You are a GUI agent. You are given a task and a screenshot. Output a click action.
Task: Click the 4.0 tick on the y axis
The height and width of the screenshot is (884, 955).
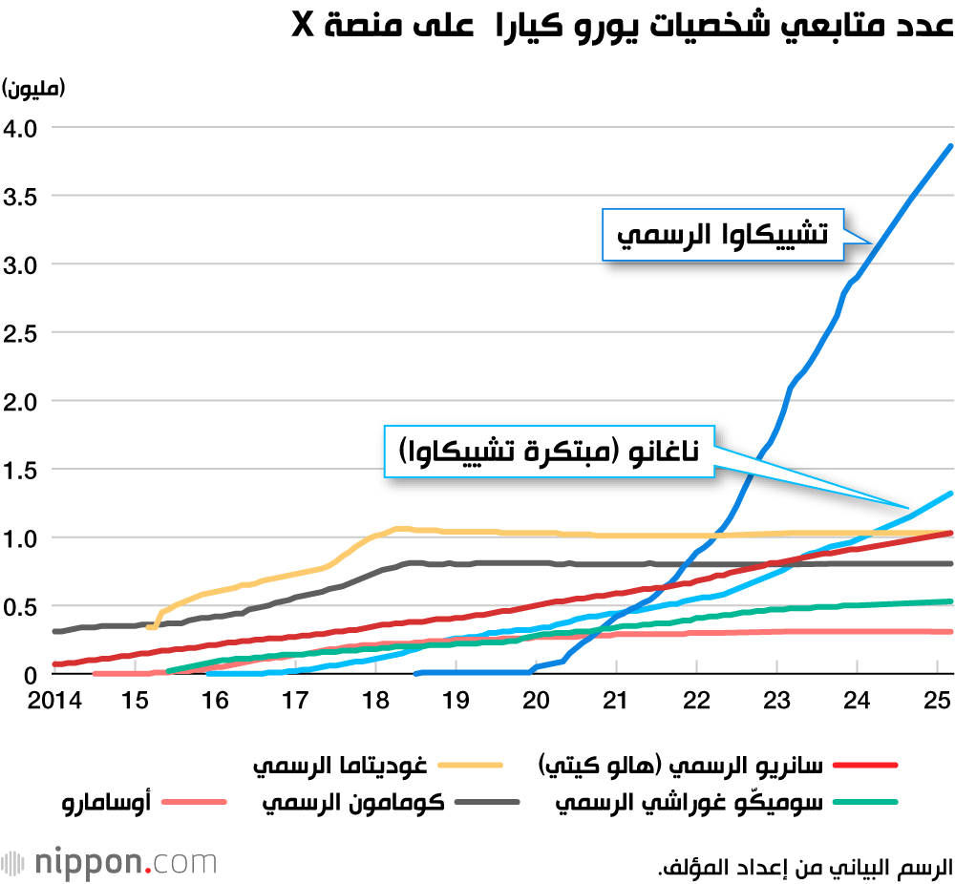(x=21, y=127)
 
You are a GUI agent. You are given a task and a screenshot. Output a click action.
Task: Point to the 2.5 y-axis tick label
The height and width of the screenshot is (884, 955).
(x=21, y=332)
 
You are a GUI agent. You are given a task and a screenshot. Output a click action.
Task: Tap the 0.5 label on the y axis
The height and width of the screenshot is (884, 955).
(x=21, y=606)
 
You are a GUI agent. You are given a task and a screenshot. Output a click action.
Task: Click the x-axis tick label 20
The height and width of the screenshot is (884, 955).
(x=538, y=700)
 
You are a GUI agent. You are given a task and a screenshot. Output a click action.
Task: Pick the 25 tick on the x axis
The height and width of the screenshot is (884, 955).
(x=939, y=700)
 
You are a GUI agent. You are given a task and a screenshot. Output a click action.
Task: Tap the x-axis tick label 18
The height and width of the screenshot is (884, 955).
(x=375, y=700)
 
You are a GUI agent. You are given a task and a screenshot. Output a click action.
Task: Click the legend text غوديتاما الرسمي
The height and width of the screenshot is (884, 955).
(x=339, y=765)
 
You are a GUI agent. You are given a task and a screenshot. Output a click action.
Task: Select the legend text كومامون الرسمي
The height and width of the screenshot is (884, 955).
(x=353, y=802)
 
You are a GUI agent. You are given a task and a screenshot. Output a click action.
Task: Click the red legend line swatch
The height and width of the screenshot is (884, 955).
(x=866, y=765)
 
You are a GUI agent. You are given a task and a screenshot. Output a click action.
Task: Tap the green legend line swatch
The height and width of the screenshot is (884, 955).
(x=866, y=802)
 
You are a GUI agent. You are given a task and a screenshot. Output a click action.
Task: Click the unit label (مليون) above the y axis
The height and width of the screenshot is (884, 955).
(x=33, y=89)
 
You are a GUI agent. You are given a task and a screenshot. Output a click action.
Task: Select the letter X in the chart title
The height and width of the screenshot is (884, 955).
(x=304, y=26)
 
